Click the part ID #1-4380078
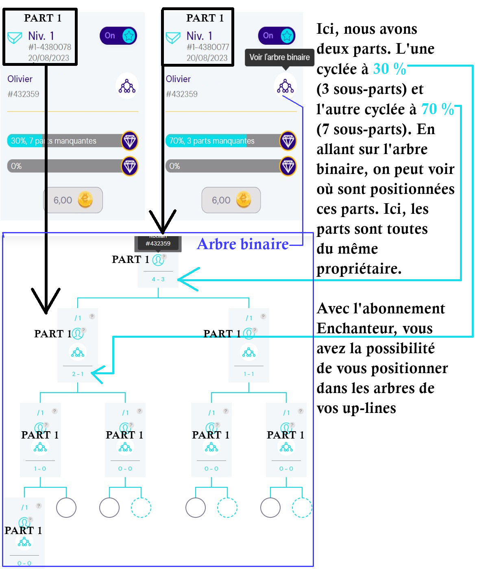click(50, 47)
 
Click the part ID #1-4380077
click(208, 47)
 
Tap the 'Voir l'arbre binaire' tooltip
click(279, 57)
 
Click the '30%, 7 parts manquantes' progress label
click(53, 141)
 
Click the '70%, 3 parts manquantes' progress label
click(211, 141)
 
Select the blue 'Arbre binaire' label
click(243, 244)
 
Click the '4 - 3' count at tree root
click(158, 279)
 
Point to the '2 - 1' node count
click(78, 374)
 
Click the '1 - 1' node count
click(249, 374)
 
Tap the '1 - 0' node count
click(40, 469)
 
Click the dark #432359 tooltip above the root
click(158, 243)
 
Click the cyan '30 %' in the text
click(389, 69)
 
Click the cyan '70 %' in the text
click(437, 109)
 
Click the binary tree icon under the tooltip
click(285, 86)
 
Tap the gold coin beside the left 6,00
click(85, 200)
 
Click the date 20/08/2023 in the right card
click(207, 58)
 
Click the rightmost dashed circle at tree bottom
click(302, 508)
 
